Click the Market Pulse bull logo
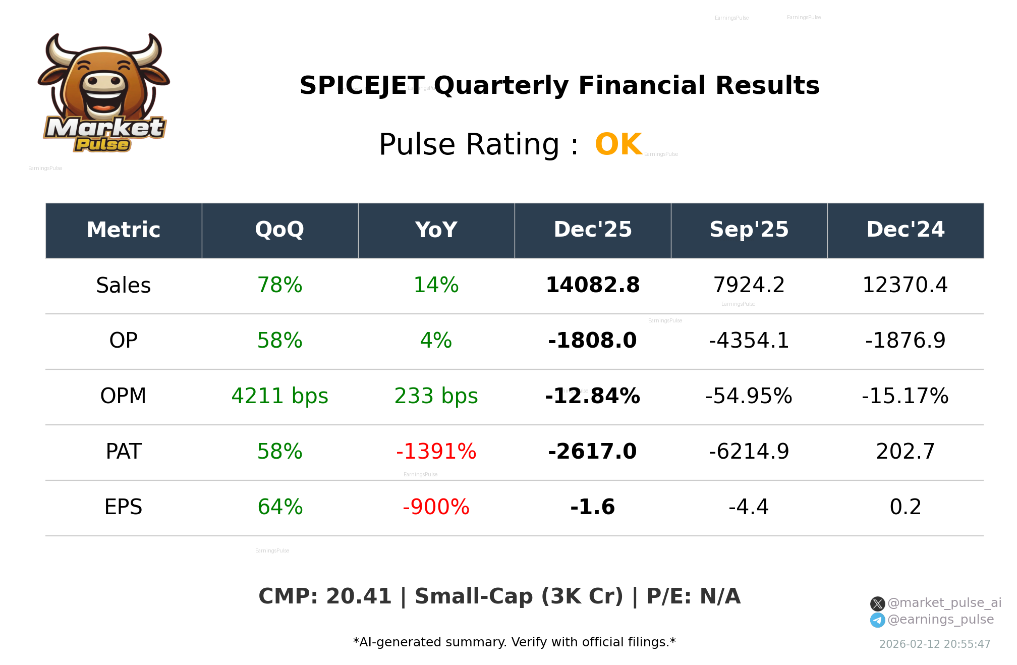[104, 93]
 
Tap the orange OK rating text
[618, 145]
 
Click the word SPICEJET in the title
[362, 85]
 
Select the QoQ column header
[279, 230]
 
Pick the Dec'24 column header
[905, 230]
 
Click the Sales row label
[123, 286]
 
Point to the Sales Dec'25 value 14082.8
[592, 285]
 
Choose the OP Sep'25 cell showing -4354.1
[749, 341]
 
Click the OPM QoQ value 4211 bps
[279, 396]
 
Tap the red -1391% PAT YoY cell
[436, 452]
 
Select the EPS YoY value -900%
[436, 507]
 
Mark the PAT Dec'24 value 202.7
[905, 452]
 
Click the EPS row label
[123, 507]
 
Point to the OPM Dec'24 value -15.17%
[905, 396]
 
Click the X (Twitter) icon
[877, 603]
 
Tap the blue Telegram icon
[877, 620]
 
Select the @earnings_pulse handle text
[940, 620]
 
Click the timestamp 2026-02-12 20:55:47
[935, 644]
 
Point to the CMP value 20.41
[359, 596]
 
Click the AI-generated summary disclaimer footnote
[514, 642]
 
